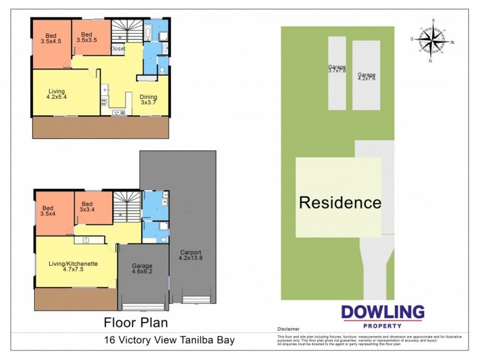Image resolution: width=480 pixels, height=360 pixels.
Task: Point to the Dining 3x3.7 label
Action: (x=148, y=100)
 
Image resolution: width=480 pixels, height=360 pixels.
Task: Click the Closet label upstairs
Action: (x=118, y=49)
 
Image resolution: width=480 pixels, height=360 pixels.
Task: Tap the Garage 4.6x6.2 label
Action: (x=142, y=269)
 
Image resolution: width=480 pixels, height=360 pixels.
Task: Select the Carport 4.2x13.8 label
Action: (x=190, y=255)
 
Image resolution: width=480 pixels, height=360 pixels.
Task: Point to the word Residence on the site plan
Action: (x=340, y=202)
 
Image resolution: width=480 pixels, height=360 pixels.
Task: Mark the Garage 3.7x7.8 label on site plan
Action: (x=337, y=69)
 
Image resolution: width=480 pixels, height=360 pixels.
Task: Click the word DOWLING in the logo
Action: (x=382, y=312)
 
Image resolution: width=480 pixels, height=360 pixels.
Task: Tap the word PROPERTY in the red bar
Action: (x=382, y=325)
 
